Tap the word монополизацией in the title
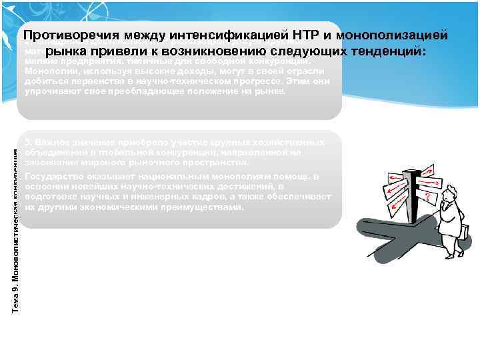tap(393, 36)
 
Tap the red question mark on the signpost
tap(427, 197)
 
